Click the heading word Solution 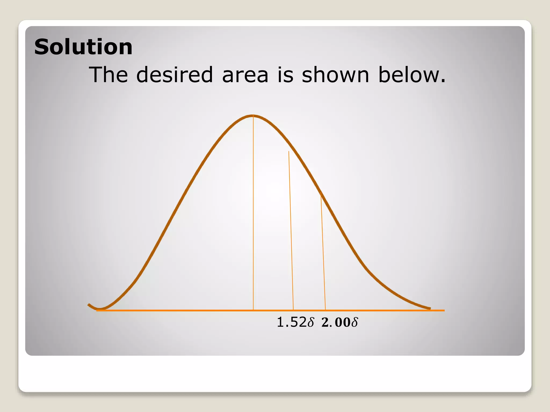click(x=83, y=47)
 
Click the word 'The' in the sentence click(x=108, y=75)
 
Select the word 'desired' click(x=175, y=75)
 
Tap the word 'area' click(x=245, y=75)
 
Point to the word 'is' click(x=285, y=75)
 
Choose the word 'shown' click(x=335, y=75)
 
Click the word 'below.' click(x=412, y=75)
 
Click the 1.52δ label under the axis click(x=295, y=322)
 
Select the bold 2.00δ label click(x=340, y=322)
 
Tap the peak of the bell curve click(x=253, y=116)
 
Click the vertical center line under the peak click(x=253, y=215)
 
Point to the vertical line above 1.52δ click(x=291, y=231)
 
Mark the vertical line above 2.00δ click(x=323, y=252)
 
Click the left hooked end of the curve click(x=90, y=305)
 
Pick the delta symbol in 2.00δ click(x=355, y=322)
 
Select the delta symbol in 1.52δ click(x=310, y=322)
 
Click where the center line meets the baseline click(x=253, y=310)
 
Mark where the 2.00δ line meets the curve click(x=321, y=193)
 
